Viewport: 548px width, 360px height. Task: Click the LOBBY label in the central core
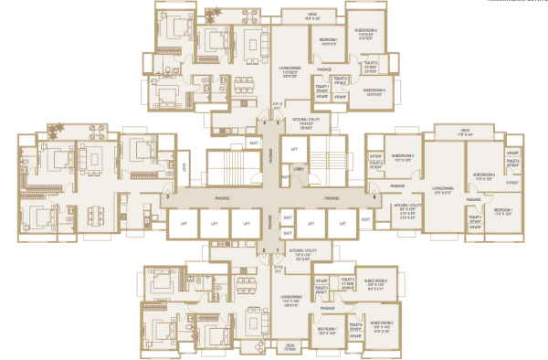click(x=299, y=167)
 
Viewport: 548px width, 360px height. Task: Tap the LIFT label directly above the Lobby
click(x=294, y=148)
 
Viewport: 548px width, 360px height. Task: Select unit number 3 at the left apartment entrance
click(x=167, y=196)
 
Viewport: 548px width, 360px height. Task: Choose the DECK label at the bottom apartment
click(x=290, y=345)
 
